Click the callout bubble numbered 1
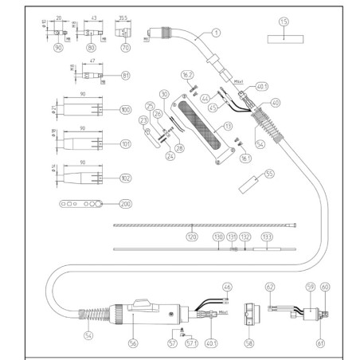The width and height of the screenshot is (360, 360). click(x=215, y=33)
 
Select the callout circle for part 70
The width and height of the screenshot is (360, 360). click(x=125, y=48)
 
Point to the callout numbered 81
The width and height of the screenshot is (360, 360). click(x=124, y=76)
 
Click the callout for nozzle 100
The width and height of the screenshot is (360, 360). click(x=125, y=109)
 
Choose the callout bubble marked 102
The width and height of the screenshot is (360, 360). click(x=125, y=179)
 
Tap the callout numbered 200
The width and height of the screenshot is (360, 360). click(x=125, y=204)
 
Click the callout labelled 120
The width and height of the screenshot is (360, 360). click(x=190, y=237)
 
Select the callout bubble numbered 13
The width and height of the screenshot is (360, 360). click(x=228, y=125)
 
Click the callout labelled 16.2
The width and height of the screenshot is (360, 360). click(x=188, y=74)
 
